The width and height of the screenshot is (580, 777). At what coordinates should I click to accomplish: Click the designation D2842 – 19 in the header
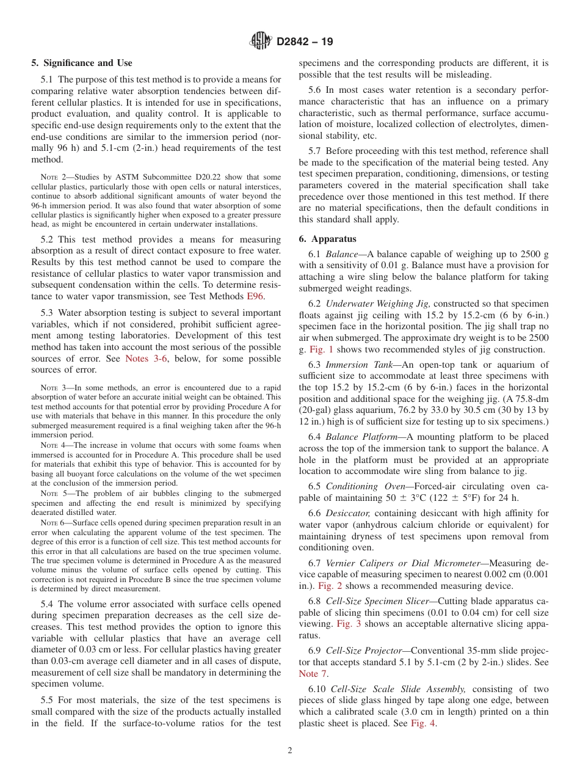305,42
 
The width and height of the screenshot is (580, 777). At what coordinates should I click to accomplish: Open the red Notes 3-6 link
145,359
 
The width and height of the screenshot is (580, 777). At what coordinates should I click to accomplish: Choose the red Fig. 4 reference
422,723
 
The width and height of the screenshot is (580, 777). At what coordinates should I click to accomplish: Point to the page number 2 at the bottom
290,751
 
